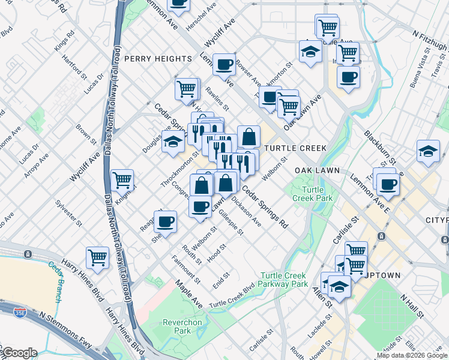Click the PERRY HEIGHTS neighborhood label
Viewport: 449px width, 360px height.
[158, 59]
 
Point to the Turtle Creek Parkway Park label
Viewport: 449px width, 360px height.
[284, 280]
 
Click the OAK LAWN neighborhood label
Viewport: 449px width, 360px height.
[317, 170]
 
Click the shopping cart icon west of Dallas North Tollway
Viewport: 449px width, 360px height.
[97, 257]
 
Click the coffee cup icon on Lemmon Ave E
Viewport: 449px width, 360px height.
[388, 184]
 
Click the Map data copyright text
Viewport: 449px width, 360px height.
[411, 355]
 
